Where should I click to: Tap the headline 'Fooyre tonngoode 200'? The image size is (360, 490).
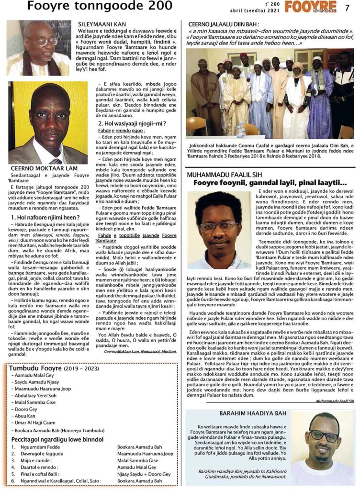click(x=100, y=6)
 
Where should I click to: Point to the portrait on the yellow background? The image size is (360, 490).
click(x=48, y=122)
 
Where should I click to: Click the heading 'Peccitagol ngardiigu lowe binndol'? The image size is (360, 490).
click(x=57, y=439)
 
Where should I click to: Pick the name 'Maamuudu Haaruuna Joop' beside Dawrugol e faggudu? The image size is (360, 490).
click(x=145, y=454)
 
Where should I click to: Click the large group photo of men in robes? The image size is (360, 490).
click(x=270, y=93)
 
